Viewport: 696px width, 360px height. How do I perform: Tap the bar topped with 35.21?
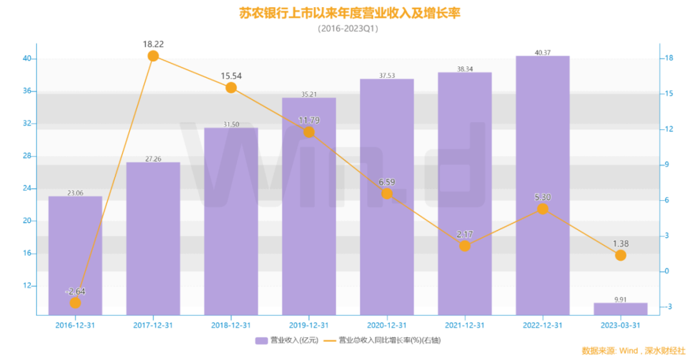pyautogui.click(x=309, y=206)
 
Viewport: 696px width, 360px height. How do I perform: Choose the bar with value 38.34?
pyautogui.click(x=465, y=193)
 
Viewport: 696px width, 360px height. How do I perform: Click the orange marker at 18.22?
pyautogui.click(x=153, y=56)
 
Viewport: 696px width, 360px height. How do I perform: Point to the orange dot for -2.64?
pyautogui.click(x=75, y=303)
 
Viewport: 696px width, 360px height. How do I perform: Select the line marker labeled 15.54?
pyautogui.click(x=231, y=88)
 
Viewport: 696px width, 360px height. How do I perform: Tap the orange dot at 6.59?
pyautogui.click(x=387, y=193)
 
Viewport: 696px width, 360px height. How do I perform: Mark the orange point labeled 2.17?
pyautogui.click(x=465, y=245)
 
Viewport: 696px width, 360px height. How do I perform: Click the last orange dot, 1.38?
pyautogui.click(x=620, y=255)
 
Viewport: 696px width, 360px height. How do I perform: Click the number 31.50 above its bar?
pyautogui.click(x=231, y=124)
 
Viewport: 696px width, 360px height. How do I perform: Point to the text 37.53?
pyautogui.click(x=387, y=75)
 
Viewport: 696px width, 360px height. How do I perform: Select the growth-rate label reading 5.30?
pyautogui.click(x=543, y=197)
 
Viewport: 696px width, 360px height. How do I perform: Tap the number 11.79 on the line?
pyautogui.click(x=309, y=120)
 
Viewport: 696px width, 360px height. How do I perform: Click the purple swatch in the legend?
pyautogui.click(x=261, y=341)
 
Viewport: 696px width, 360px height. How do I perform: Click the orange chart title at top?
pyautogui.click(x=349, y=13)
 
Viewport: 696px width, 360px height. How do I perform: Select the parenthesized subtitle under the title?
pyautogui.click(x=349, y=28)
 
